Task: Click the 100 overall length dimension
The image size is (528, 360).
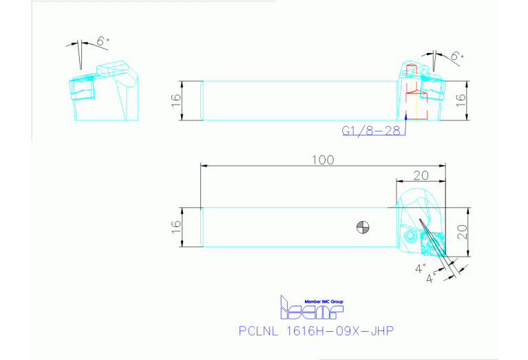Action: tap(321, 160)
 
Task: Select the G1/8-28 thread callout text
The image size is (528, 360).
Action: tap(372, 129)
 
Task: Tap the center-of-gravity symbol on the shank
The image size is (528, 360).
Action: tap(362, 226)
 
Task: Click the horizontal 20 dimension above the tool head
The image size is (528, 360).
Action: tap(421, 175)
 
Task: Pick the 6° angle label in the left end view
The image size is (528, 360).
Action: tap(103, 43)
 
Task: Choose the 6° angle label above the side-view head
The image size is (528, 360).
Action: tap(456, 56)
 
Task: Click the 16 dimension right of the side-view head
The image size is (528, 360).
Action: tap(462, 100)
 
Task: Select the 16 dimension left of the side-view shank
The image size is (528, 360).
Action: tap(176, 100)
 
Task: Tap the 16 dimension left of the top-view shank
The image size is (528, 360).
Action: tap(176, 225)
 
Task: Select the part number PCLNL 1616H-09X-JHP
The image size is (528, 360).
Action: tap(316, 332)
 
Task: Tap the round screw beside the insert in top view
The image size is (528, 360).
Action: tap(410, 235)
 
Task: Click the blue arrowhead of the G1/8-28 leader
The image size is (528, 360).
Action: tap(407, 121)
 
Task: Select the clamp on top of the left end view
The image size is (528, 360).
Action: tap(114, 70)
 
